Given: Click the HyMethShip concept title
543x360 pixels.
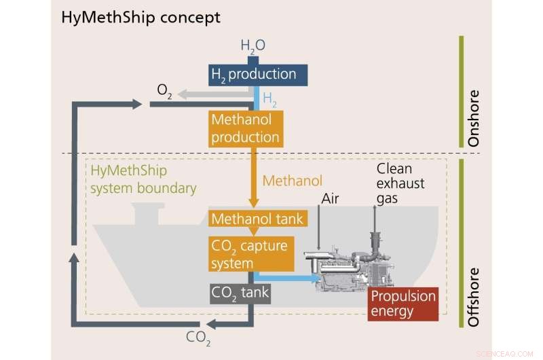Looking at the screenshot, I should [x=141, y=18].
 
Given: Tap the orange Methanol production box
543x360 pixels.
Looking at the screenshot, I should [x=245, y=128].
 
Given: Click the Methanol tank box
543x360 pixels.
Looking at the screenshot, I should [x=257, y=219].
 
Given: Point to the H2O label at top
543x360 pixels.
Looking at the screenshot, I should [x=252, y=46].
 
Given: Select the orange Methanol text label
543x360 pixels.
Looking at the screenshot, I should [x=292, y=181].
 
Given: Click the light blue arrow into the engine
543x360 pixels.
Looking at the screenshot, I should [x=288, y=278].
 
